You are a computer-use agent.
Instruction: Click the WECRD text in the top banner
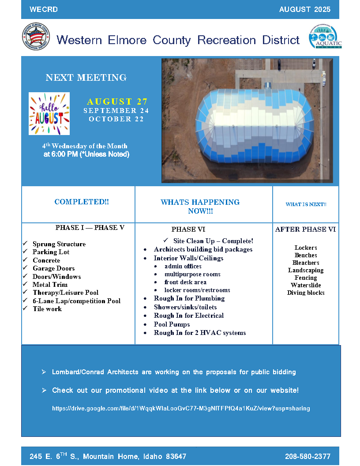(44, 10)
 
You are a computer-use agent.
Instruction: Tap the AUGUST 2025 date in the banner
(304, 10)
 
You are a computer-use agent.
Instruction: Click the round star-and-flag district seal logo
(36, 37)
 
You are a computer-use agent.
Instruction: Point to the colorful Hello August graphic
(49, 113)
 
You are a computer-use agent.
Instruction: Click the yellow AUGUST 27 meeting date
(117, 102)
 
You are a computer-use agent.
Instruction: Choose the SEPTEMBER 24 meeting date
(116, 111)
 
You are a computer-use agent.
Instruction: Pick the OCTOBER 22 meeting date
(116, 119)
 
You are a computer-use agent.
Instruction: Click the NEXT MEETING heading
(86, 78)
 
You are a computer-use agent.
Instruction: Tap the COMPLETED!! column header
(82, 202)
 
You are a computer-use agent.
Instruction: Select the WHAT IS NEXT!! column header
(306, 204)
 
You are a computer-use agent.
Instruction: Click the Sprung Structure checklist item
(59, 244)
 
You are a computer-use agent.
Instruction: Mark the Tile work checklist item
(47, 309)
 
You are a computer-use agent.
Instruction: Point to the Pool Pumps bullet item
(172, 324)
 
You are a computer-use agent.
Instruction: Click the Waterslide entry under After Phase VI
(306, 285)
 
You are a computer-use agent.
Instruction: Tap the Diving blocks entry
(306, 293)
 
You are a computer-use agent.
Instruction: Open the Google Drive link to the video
(181, 409)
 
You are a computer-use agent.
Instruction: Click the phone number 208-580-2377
(307, 456)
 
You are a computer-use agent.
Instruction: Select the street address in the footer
(108, 456)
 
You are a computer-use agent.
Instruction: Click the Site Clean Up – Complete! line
(213, 241)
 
